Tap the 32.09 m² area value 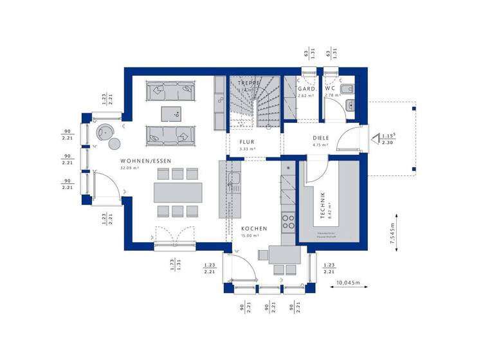point(130,168)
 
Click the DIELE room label point(320,137)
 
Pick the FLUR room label point(248,142)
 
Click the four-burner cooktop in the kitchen point(288,222)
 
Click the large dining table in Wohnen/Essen point(178,192)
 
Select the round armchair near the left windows point(103,132)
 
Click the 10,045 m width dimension point(347,283)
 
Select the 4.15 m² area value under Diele point(320,145)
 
